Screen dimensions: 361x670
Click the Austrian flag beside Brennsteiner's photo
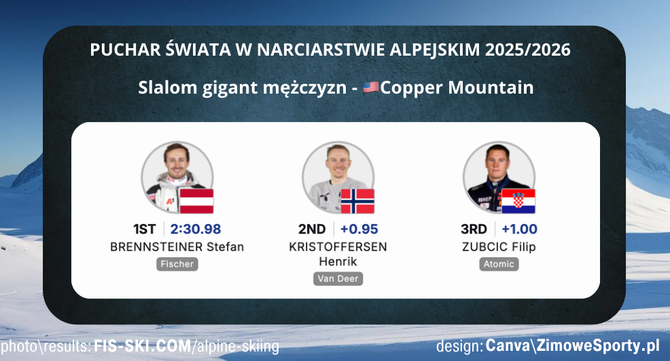(x=196, y=201)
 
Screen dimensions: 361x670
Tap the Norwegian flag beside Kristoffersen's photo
(x=357, y=201)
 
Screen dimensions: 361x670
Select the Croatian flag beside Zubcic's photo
(x=518, y=201)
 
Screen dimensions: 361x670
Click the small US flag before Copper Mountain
(x=371, y=88)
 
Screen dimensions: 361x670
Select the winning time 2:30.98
(x=196, y=229)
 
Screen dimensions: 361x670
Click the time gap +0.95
(x=359, y=229)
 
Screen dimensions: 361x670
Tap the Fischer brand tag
(x=177, y=264)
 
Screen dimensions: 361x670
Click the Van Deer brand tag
(x=338, y=278)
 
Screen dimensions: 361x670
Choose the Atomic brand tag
(x=498, y=264)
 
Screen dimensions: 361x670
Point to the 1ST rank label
(x=146, y=229)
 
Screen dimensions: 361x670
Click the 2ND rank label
(x=312, y=229)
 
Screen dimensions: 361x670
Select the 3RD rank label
(x=473, y=229)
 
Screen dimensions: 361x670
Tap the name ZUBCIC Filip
(x=499, y=247)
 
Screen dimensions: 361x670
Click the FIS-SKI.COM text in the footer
(x=143, y=347)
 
